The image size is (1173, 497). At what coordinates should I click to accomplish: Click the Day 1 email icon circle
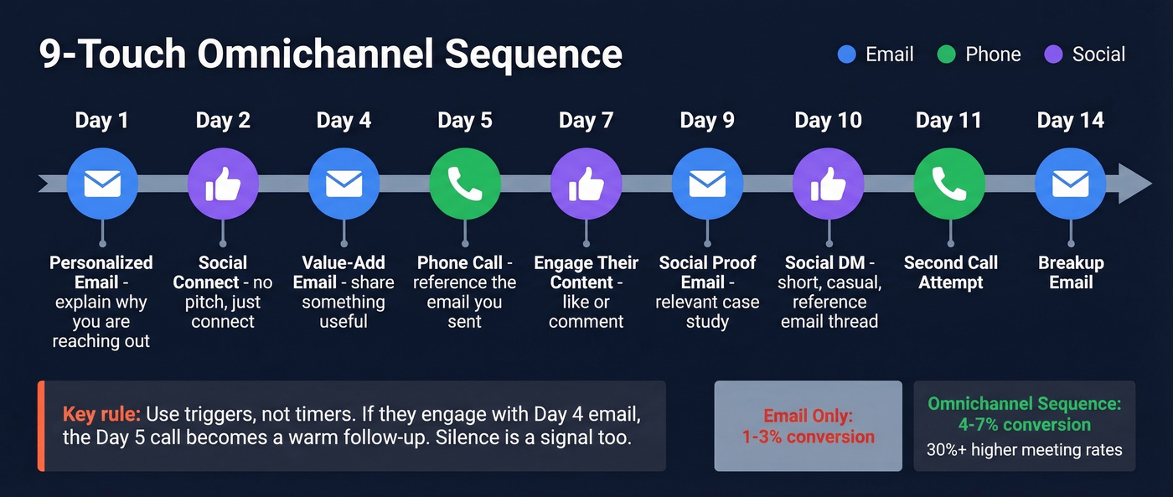click(x=102, y=184)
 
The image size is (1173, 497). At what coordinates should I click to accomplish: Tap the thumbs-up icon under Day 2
click(x=223, y=184)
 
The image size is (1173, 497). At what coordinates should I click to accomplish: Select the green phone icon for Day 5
click(x=465, y=184)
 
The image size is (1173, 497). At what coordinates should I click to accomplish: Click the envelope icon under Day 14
click(x=1070, y=184)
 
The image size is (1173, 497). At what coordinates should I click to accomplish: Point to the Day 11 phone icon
click(x=949, y=184)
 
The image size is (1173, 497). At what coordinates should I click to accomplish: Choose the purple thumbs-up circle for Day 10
click(x=828, y=184)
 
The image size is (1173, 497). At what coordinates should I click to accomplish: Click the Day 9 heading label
click(x=707, y=121)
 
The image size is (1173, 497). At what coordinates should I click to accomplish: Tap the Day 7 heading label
click(x=586, y=121)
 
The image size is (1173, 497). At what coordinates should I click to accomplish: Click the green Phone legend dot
click(x=946, y=54)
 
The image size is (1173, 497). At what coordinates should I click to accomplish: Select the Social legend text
click(x=1098, y=54)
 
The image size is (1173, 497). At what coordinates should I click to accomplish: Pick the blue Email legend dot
click(x=846, y=54)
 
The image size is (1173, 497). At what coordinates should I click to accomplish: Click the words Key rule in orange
click(x=102, y=414)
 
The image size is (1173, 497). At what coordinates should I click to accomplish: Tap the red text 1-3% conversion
click(x=808, y=437)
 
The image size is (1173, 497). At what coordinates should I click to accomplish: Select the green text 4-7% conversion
click(x=1024, y=425)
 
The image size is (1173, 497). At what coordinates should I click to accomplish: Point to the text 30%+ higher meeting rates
click(x=1024, y=450)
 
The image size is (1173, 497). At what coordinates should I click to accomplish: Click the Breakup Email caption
click(x=1071, y=272)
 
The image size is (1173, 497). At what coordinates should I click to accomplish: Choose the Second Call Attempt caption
click(x=950, y=272)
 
